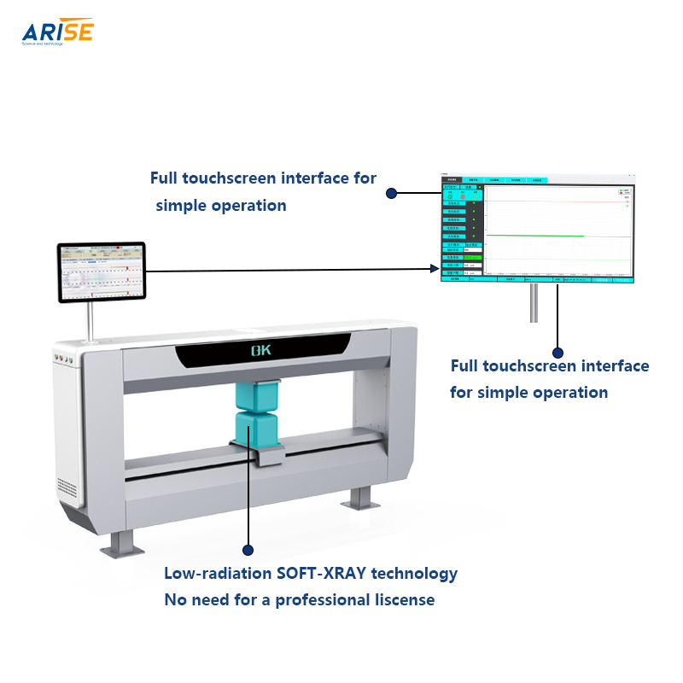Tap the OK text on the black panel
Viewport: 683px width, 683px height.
coord(261,350)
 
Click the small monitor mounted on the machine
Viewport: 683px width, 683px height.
coord(102,271)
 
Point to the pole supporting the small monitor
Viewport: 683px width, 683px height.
coord(88,319)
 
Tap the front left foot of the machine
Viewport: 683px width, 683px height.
coord(118,541)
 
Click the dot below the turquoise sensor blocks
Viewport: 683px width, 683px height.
coord(248,550)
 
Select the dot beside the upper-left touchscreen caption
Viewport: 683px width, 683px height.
coord(392,194)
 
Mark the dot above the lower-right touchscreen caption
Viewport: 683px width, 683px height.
coord(558,352)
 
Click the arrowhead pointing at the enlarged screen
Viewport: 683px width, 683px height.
coord(434,269)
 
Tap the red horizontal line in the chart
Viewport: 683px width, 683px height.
coord(555,202)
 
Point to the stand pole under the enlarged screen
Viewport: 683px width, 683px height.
coord(534,302)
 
